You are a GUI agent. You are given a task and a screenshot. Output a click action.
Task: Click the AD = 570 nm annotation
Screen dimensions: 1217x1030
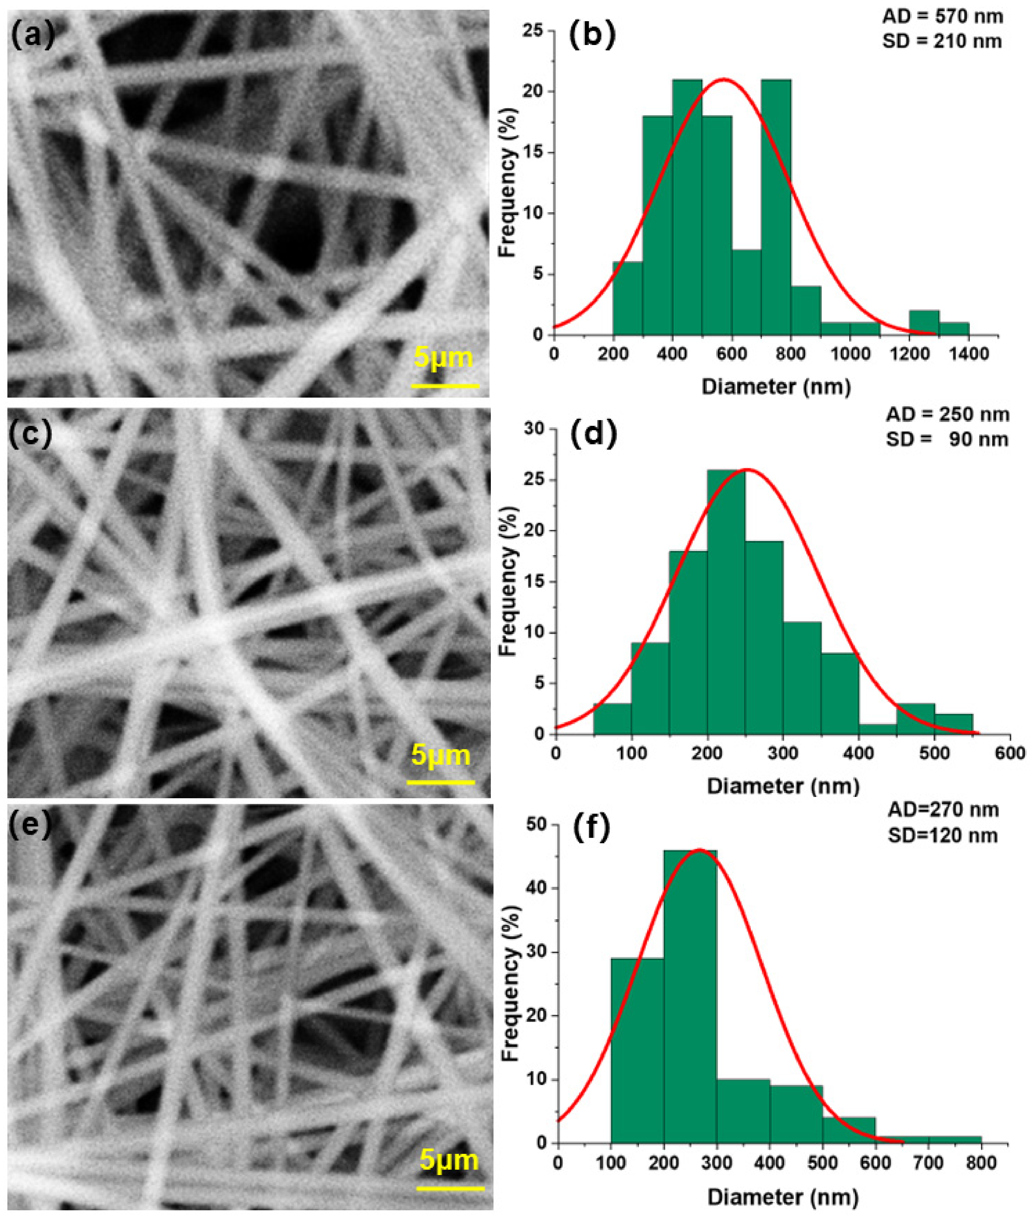[942, 16]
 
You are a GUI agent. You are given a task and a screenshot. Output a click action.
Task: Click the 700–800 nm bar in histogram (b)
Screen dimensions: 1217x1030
[776, 207]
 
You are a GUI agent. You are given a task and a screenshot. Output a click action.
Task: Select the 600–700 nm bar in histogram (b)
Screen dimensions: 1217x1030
[746, 292]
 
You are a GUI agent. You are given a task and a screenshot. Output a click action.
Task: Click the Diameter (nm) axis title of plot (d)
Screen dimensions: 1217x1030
[783, 786]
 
